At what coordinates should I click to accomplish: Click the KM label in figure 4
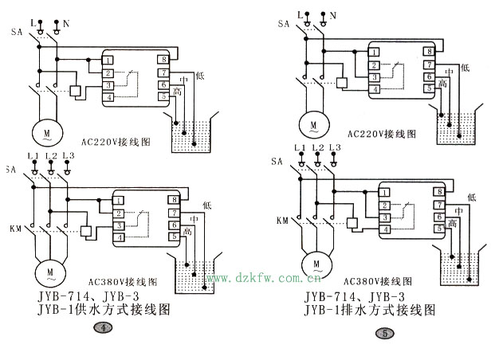coord(15,229)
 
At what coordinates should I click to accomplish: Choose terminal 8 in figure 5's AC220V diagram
coord(429,53)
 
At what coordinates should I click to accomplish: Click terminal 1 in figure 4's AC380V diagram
coord(118,201)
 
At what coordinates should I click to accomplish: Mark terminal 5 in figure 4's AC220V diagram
coord(163,96)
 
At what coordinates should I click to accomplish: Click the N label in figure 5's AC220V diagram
coord(333,14)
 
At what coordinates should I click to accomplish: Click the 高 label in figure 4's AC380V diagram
coord(187,232)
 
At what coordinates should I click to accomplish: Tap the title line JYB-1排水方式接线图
coord(370,309)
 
